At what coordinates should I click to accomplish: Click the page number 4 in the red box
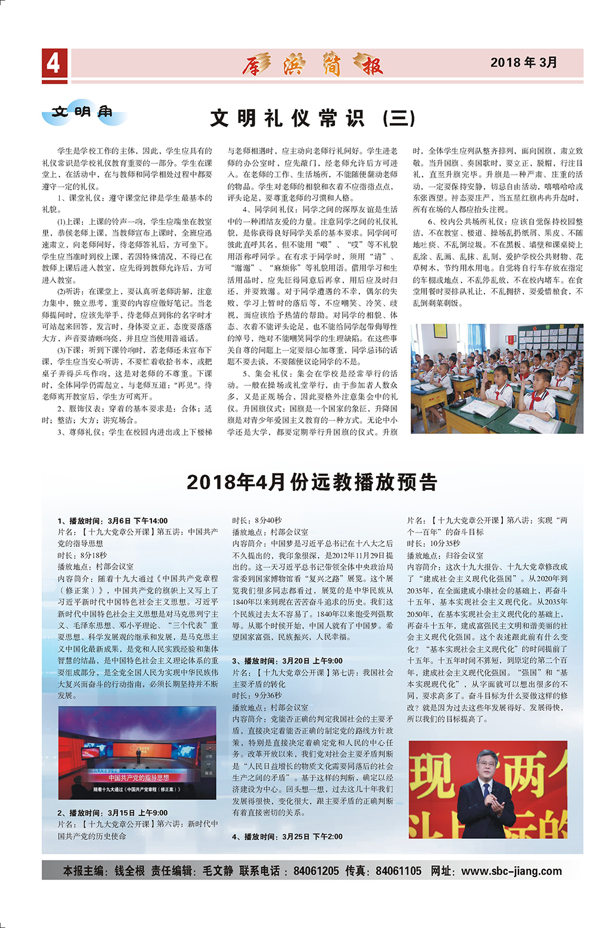point(54,63)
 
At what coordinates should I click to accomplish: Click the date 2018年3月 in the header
point(523,62)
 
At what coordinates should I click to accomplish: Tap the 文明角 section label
point(82,112)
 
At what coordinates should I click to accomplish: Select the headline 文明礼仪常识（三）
point(313,118)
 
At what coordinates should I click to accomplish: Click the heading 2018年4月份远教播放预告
point(312,482)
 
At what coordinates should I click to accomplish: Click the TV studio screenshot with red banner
point(136,753)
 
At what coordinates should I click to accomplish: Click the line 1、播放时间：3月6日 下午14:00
point(112,521)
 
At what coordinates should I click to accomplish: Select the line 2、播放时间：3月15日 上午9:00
point(112,813)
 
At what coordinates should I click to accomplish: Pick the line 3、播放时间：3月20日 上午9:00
point(288,661)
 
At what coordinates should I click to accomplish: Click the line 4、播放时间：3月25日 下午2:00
point(288,836)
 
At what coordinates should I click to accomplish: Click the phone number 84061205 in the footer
point(316,871)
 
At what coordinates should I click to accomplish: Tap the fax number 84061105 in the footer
point(398,871)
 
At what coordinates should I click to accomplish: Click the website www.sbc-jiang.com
point(511,871)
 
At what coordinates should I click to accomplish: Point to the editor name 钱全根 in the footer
point(130,871)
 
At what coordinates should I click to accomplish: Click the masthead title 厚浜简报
point(312,63)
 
